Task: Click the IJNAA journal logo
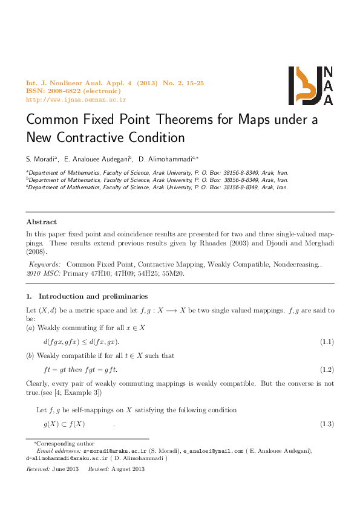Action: pyautogui.click(x=310, y=85)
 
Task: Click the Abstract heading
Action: pyautogui.click(x=42, y=222)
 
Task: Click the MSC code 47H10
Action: pyautogui.click(x=97, y=273)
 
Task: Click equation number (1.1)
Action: pyautogui.click(x=327, y=342)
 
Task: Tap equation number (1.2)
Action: pyautogui.click(x=327, y=369)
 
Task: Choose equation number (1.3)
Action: pyautogui.click(x=327, y=424)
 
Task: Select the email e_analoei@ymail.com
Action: pyautogui.click(x=205, y=451)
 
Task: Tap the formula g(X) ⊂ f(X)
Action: pyautogui.click(x=64, y=424)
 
